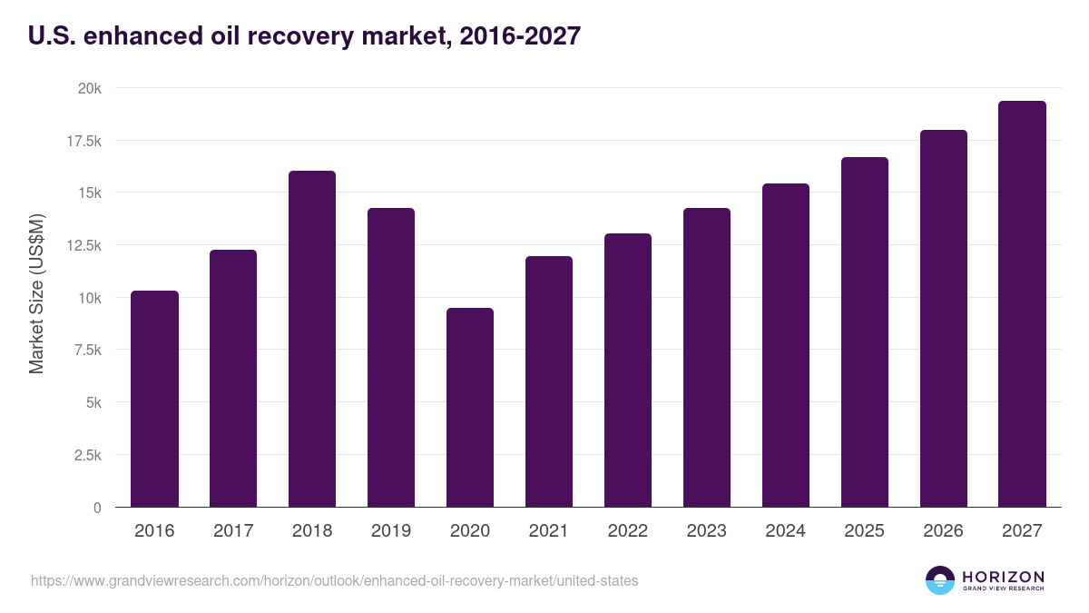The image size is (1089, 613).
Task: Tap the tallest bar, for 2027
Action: tap(1022, 304)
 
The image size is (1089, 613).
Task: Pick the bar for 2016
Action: tap(154, 399)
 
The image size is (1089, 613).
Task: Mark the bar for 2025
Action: tap(864, 331)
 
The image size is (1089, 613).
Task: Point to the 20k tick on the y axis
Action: tap(89, 88)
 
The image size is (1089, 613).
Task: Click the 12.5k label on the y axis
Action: tap(83, 245)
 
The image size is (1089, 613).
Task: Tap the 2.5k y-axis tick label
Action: tap(87, 455)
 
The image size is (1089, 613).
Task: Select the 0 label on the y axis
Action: tap(97, 508)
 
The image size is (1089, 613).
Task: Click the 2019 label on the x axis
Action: tap(391, 531)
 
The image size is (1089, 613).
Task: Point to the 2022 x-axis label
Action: tap(627, 531)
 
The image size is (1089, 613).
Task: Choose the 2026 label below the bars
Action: tap(943, 531)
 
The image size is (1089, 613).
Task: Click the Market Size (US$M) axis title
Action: tap(36, 293)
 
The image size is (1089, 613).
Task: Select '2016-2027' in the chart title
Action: tap(520, 36)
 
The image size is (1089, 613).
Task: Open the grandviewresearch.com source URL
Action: tap(334, 580)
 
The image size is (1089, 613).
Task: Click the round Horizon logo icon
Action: tap(940, 580)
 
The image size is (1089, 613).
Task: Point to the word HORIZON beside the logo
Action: tap(1003, 577)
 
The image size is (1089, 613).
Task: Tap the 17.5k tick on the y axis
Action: tap(83, 141)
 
